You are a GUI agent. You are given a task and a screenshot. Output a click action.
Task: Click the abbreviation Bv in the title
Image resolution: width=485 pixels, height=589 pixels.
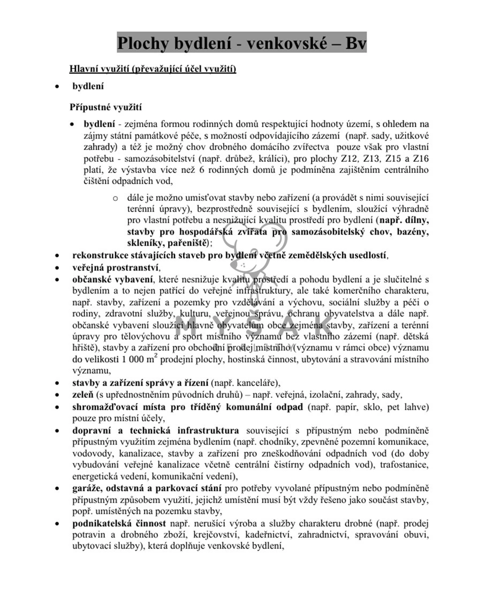tap(353, 43)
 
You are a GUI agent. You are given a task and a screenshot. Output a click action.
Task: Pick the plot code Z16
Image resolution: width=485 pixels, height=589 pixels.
tap(419, 158)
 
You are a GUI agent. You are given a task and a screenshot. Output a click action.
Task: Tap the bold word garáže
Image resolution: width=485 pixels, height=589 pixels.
tap(87, 488)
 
